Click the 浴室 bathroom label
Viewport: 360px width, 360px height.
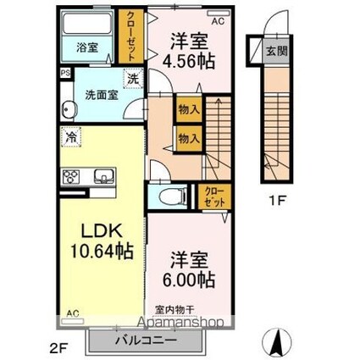pyautogui.click(x=86, y=48)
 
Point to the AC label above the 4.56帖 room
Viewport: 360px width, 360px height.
pyautogui.click(x=219, y=19)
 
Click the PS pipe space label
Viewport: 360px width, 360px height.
pyautogui.click(x=65, y=74)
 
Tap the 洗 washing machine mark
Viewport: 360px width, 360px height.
pyautogui.click(x=133, y=80)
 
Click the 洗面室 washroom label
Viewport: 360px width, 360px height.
pyautogui.click(x=99, y=95)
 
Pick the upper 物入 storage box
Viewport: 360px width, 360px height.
pyautogui.click(x=187, y=108)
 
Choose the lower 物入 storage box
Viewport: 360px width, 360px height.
pyautogui.click(x=187, y=137)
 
